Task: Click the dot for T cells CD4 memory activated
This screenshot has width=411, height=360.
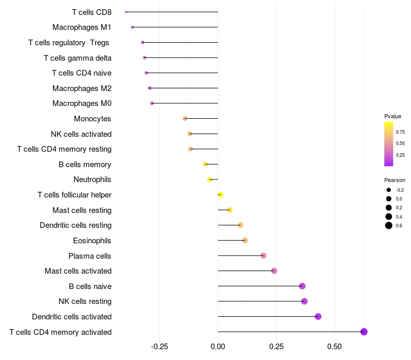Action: [x=364, y=332]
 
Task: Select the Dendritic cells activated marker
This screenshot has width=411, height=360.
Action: [x=318, y=316]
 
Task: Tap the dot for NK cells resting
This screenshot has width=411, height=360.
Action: [x=304, y=301]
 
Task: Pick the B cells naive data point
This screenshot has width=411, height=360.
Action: [x=302, y=286]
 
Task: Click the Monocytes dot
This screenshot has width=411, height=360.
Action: [x=185, y=119]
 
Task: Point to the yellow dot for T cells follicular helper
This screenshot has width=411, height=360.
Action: [x=220, y=195]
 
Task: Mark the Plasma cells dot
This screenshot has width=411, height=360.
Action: [x=264, y=256]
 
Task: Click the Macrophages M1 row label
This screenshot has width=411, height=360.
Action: [x=82, y=27]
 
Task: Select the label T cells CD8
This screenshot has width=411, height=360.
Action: [x=91, y=12]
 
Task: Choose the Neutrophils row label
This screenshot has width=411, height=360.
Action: [x=92, y=179]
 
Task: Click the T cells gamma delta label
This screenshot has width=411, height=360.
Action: [x=78, y=58]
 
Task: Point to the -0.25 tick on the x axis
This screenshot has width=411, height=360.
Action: [x=159, y=346]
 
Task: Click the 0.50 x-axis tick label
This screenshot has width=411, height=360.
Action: [x=334, y=346]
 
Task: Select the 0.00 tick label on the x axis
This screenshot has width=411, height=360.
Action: [x=218, y=346]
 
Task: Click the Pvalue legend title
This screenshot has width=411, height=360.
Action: [x=393, y=116]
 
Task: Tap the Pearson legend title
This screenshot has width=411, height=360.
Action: [x=395, y=180]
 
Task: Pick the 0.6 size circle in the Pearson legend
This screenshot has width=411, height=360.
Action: [x=389, y=225]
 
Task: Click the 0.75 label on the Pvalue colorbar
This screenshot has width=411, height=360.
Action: [x=400, y=132]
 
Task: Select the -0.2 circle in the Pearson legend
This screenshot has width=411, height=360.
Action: [x=389, y=190]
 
